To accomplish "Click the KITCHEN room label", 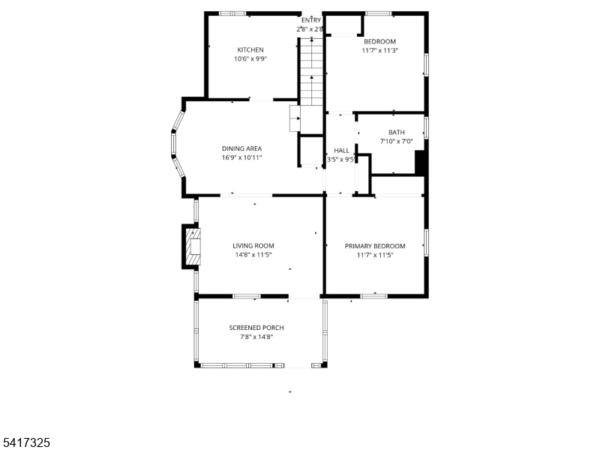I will tap(250, 49).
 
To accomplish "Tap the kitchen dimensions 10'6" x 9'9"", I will tap(250, 58).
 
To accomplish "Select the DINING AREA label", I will tap(241, 148).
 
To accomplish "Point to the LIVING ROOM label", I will tap(253, 245).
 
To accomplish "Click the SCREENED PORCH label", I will tap(256, 328).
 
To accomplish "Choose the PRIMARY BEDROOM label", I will tap(374, 246).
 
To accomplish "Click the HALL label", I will tap(341, 150).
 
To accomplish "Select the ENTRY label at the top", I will tap(310, 20).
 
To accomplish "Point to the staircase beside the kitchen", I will tap(310, 71).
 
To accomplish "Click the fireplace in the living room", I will tap(192, 246).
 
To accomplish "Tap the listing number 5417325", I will tap(25, 443).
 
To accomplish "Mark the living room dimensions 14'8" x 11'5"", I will tap(253, 255).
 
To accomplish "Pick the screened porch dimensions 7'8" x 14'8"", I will tap(256, 337).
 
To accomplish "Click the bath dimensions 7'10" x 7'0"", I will tap(396, 141).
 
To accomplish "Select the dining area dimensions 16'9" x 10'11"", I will tap(241, 158).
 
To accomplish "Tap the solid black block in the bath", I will tap(421, 162).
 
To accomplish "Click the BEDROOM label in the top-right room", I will tap(379, 41).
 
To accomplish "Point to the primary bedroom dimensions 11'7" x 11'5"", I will tap(374, 255).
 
